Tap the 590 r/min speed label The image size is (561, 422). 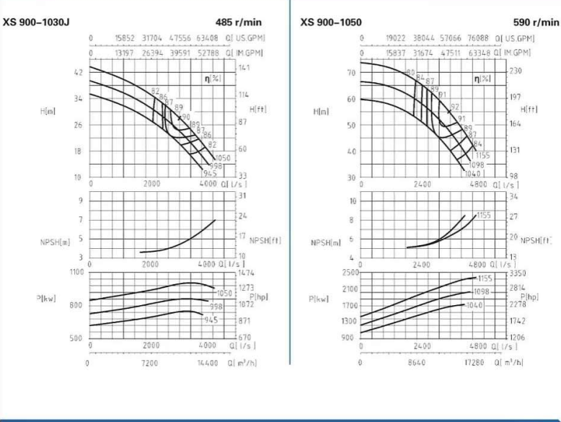pyautogui.click(x=536, y=22)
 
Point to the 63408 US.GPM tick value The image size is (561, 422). pyautogui.click(x=206, y=38)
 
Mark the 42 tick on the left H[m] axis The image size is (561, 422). pyautogui.click(x=79, y=71)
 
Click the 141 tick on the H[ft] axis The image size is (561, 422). pyautogui.click(x=243, y=66)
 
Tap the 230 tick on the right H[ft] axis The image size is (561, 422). pyautogui.click(x=515, y=71)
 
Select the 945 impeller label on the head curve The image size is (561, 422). pyautogui.click(x=211, y=173)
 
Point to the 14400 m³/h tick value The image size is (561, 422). pyautogui.click(x=208, y=363)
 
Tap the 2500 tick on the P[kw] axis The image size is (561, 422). pyautogui.click(x=350, y=272)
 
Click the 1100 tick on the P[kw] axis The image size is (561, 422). pyautogui.click(x=76, y=272)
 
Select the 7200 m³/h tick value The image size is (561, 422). pyautogui.click(x=149, y=363)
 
